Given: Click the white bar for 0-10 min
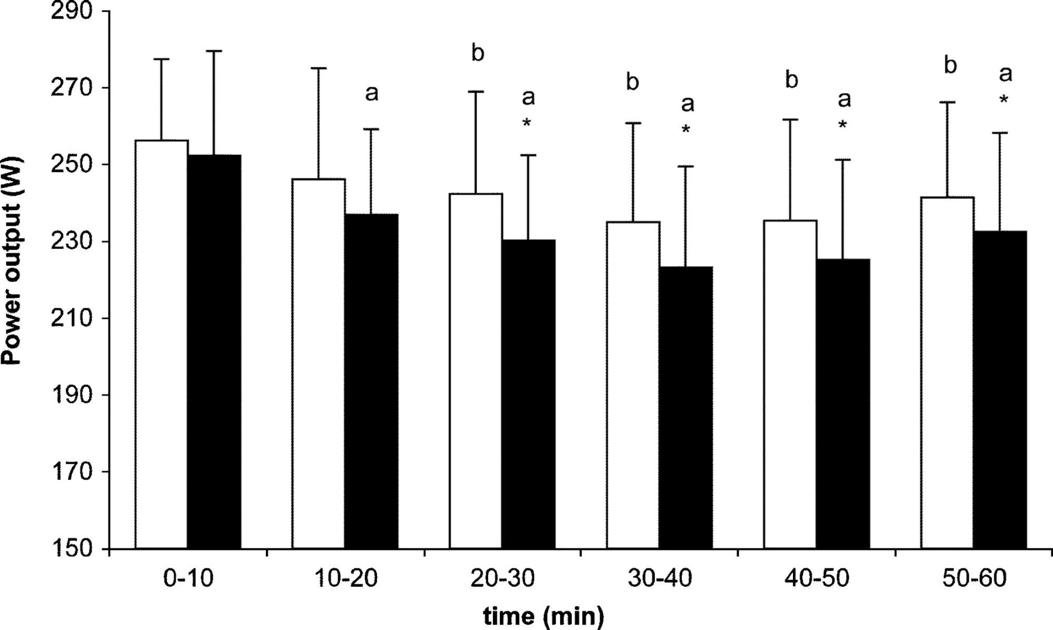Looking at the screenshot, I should (x=162, y=345).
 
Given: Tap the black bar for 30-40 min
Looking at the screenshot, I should (x=686, y=407).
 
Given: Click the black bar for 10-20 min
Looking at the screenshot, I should (x=371, y=381).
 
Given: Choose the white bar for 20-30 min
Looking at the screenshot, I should (x=476, y=371).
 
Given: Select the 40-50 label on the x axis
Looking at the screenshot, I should (x=817, y=578).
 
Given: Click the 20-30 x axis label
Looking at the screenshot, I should (x=502, y=578).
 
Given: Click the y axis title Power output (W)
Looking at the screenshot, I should (x=12, y=261).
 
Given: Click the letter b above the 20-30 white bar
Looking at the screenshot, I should (x=478, y=53).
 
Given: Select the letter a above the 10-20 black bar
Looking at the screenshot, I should (x=372, y=94).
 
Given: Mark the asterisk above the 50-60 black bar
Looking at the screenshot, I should (x=1004, y=99).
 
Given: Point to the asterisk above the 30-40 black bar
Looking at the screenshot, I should (x=686, y=129).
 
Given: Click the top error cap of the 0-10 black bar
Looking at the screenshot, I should (x=214, y=51).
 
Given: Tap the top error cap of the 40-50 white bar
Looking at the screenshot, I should (x=790, y=120).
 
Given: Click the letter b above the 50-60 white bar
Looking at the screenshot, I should (x=950, y=66).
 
